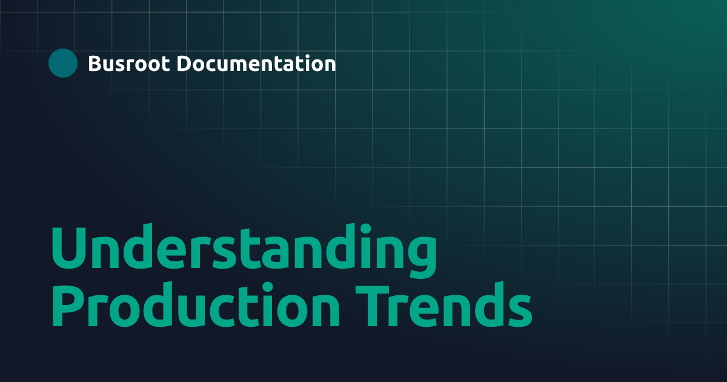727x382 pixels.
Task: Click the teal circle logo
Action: pyautogui.click(x=63, y=63)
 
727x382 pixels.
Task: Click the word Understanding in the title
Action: pyautogui.click(x=242, y=250)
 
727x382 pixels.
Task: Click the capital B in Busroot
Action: pyautogui.click(x=95, y=63)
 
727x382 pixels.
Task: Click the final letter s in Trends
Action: pyautogui.click(x=519, y=313)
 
